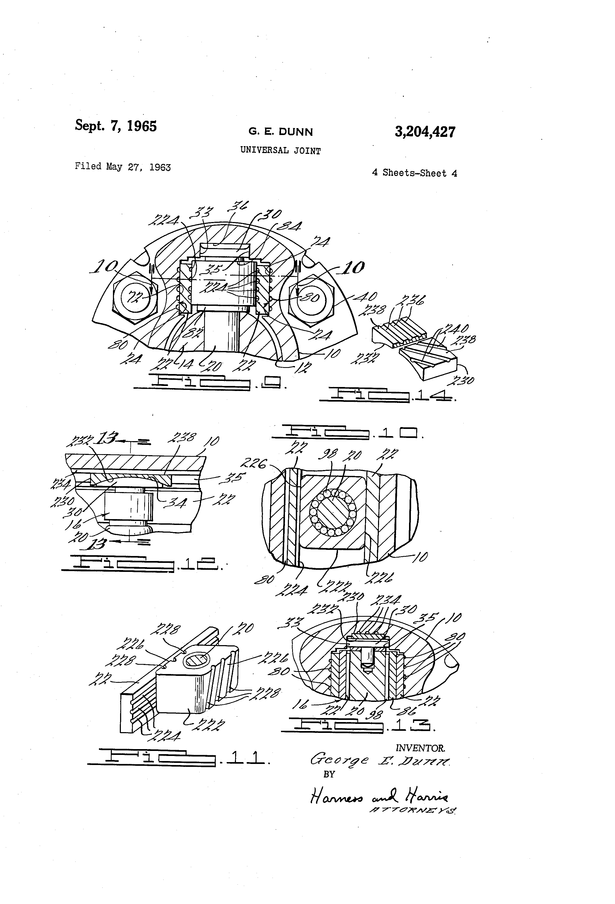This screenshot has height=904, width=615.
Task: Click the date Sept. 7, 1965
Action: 116,126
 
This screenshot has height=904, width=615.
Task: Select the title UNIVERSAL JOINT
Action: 280,151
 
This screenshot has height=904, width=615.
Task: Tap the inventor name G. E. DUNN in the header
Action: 280,132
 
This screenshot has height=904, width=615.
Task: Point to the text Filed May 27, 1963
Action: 122,167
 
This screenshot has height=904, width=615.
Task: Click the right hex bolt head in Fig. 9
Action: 311,298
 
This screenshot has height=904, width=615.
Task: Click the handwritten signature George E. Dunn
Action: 379,761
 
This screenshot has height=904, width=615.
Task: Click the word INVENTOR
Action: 420,747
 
